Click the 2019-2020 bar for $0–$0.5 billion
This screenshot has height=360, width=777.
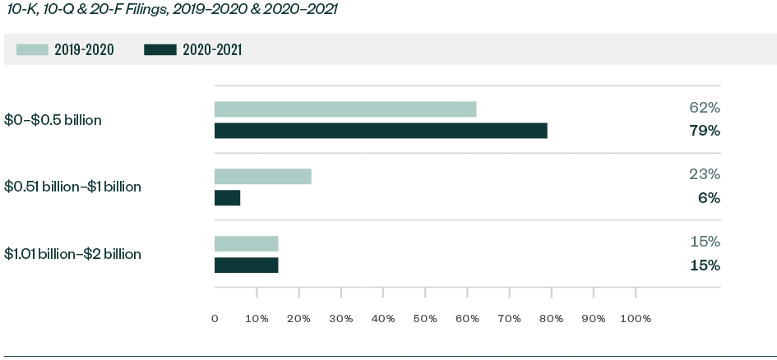point(345,109)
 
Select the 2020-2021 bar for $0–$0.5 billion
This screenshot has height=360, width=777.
point(381,131)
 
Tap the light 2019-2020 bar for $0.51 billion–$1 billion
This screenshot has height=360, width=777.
point(263,176)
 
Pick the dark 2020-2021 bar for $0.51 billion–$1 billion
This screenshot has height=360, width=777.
point(228,198)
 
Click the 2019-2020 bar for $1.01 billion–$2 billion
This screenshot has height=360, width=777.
point(247,243)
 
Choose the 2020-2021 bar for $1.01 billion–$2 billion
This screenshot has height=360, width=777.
point(247,265)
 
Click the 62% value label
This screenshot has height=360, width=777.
point(704,108)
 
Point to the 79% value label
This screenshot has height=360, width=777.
point(704,131)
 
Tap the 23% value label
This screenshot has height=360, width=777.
point(704,174)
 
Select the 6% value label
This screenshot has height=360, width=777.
point(708,198)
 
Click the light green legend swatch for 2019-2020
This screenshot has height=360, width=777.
point(32,50)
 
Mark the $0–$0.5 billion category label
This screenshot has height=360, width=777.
point(53,120)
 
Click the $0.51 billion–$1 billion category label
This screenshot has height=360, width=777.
point(72,187)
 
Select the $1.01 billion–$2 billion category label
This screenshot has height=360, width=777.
point(72,254)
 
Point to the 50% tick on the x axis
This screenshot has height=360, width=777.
point(425,318)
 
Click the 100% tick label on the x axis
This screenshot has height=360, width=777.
point(635,318)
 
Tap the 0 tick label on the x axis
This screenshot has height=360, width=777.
point(215,318)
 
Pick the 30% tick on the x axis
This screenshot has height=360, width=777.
point(340,318)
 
